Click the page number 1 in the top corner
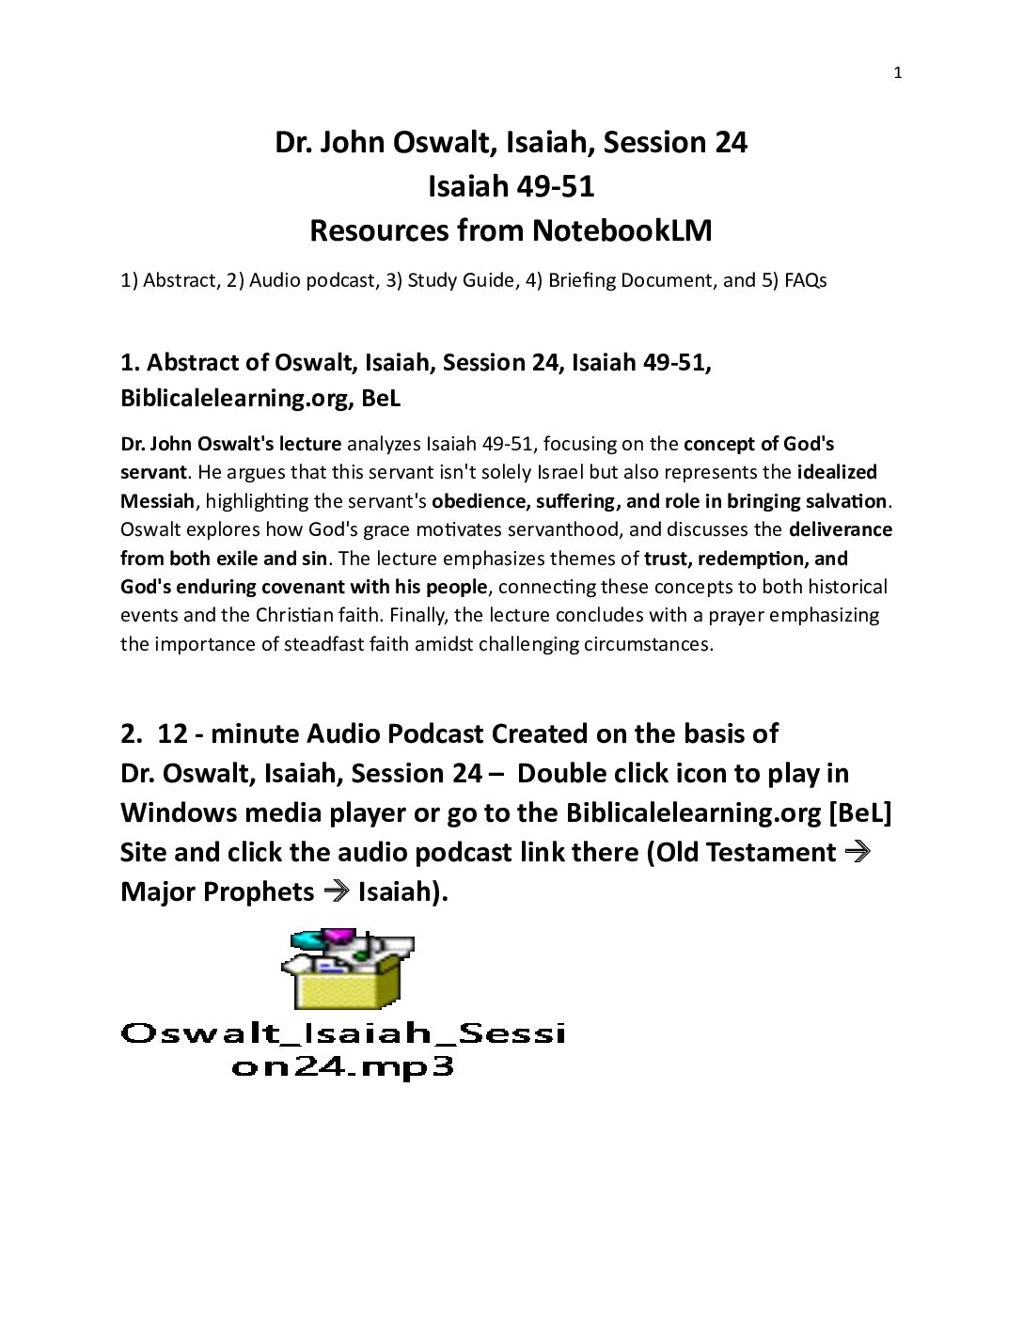click(897, 73)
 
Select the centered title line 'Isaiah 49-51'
click(511, 186)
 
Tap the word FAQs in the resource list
click(805, 280)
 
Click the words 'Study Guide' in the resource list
click(461, 280)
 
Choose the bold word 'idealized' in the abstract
click(837, 472)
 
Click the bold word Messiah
click(157, 501)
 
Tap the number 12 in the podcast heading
click(172, 733)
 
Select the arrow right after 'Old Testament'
click(857, 852)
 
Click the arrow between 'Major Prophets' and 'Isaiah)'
click(336, 891)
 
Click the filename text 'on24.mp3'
click(343, 1067)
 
